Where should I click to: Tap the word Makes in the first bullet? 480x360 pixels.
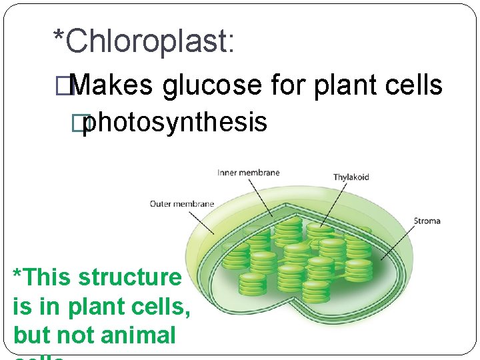tap(111, 85)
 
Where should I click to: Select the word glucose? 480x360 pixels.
tap(213, 85)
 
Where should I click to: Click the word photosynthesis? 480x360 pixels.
tap(175, 123)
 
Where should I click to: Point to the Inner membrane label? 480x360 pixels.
tap(248, 173)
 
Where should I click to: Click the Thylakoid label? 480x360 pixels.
tap(351, 177)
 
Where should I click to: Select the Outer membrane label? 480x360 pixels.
tap(181, 203)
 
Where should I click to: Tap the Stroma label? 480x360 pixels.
tap(427, 221)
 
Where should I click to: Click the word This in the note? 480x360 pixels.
tap(49, 277)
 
